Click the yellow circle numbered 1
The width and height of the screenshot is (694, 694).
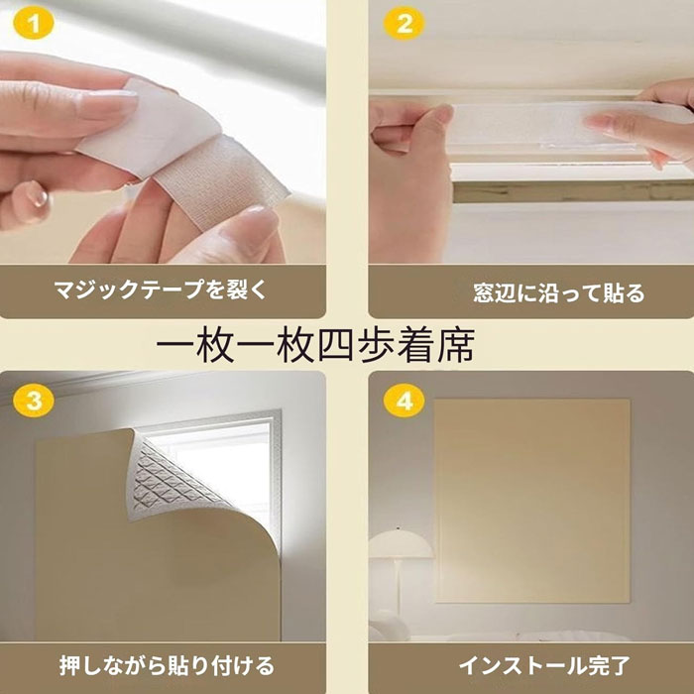coord(34,24)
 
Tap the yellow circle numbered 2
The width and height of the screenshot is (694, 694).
coord(405,24)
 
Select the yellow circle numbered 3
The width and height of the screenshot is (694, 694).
coord(34,402)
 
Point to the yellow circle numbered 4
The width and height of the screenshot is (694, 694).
coord(405,402)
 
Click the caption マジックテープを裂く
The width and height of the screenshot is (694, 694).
coord(161,289)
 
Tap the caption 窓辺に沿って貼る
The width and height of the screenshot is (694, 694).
coord(559,292)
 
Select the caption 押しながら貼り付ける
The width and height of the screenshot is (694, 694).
coord(167,666)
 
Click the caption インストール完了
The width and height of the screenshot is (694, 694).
coord(544,666)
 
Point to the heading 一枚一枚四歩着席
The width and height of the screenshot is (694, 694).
coord(316,345)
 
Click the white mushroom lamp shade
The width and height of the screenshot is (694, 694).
coord(401,544)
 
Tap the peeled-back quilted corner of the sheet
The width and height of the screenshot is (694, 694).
coord(173,478)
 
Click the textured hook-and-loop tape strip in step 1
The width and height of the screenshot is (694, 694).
coord(221,181)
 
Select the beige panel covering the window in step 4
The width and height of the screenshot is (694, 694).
coord(532,500)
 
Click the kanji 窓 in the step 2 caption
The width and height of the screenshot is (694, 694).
coord(484,293)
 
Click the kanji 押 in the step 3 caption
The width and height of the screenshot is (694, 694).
coord(70,666)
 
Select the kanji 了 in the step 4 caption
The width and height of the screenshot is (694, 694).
coord(620,666)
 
